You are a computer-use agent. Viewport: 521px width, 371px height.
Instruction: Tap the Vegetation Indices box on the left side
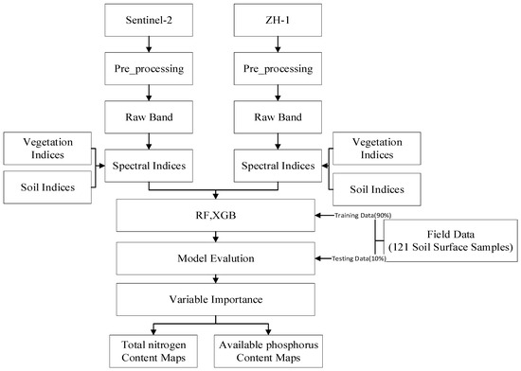(45, 148)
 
